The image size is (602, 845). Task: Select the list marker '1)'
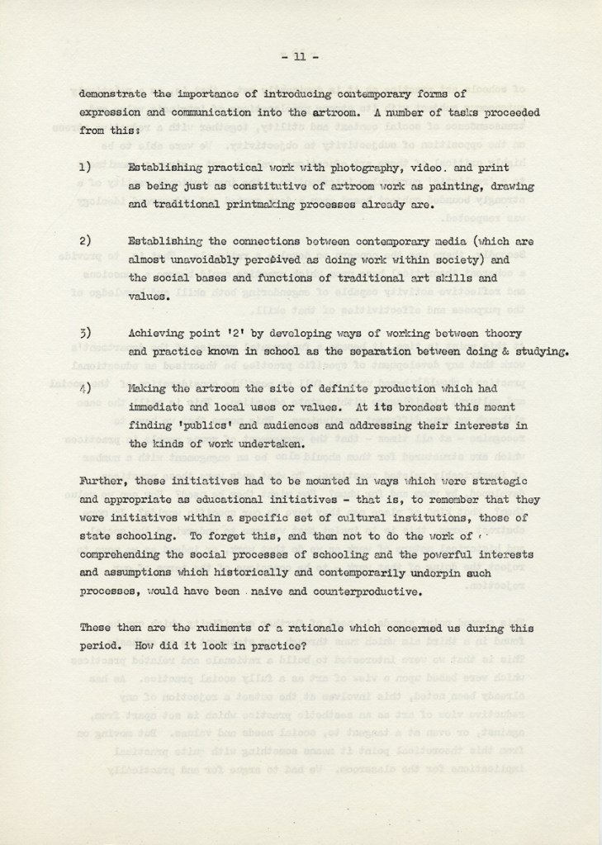coord(85,167)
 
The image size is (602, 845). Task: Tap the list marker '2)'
coord(85,241)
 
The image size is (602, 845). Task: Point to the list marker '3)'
coord(85,334)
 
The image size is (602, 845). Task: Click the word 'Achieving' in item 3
coord(159,334)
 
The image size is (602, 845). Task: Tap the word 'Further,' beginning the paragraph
coord(104,482)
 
